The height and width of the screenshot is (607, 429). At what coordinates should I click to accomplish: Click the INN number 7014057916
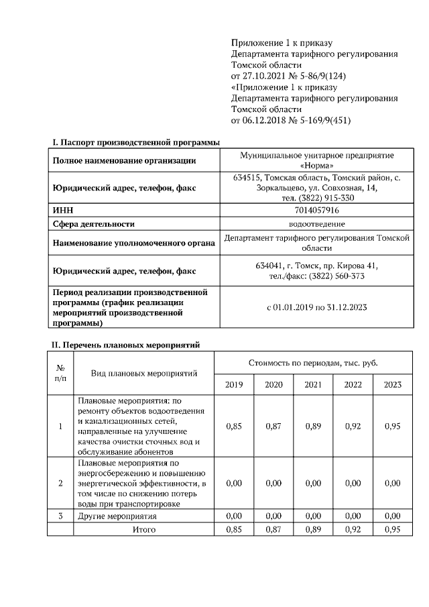coord(316,211)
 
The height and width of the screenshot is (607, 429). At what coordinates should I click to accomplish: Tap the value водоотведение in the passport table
coord(316,224)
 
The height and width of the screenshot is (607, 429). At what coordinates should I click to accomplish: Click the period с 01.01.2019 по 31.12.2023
coord(316,307)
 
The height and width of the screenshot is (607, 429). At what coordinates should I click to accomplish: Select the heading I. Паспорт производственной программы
coord(136,142)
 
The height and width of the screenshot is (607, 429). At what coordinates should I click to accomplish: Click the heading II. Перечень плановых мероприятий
coord(127,345)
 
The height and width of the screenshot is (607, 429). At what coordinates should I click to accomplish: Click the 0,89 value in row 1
coord(313,426)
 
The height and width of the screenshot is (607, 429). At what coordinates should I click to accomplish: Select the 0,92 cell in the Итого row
coord(353,529)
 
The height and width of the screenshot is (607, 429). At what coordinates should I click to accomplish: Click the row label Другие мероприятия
coord(117,516)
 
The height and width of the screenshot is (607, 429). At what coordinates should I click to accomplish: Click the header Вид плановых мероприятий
coord(144,373)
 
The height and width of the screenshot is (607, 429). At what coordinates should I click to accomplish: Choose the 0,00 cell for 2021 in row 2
coord(313,483)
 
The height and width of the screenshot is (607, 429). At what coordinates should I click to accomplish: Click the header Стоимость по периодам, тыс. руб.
coord(313,362)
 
